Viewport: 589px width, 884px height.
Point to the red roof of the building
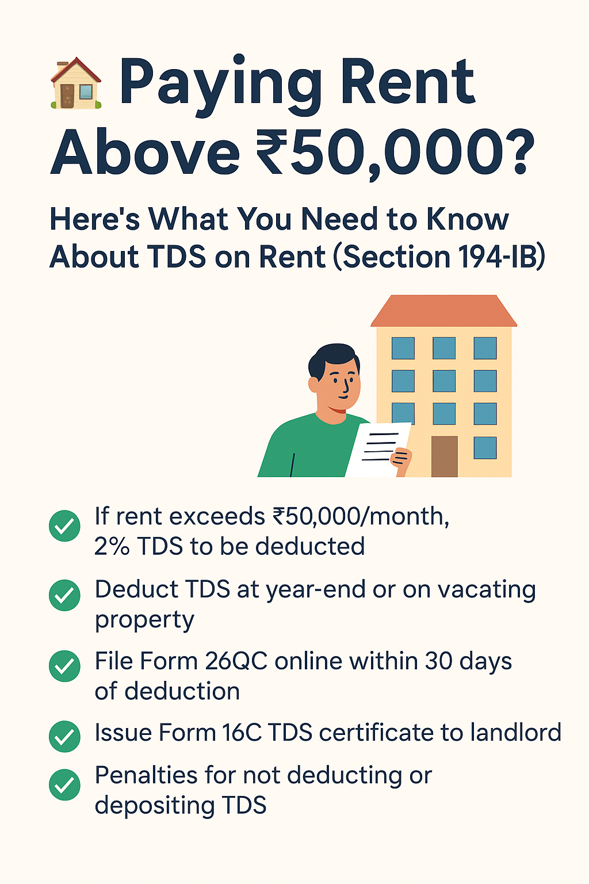tap(443, 311)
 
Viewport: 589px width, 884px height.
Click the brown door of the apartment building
tap(444, 456)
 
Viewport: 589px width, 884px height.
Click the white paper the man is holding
tap(377, 449)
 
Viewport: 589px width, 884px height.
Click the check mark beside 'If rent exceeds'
tap(64, 525)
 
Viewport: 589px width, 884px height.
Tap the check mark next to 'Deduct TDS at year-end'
tap(64, 595)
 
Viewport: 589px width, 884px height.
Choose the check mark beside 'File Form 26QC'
tap(64, 666)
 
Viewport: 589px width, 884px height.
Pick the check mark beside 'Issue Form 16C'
tap(64, 736)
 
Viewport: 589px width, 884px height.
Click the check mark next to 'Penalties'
tap(64, 784)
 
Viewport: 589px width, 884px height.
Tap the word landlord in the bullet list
tap(515, 733)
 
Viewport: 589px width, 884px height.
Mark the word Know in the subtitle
tap(467, 219)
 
